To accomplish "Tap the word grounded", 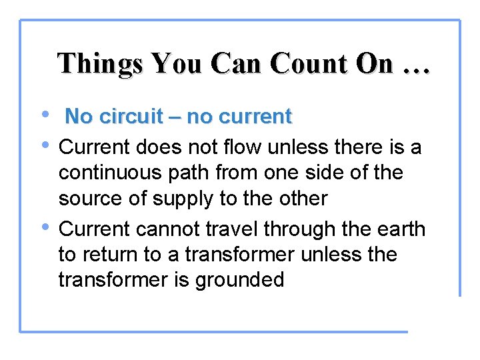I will tap(239, 280).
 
